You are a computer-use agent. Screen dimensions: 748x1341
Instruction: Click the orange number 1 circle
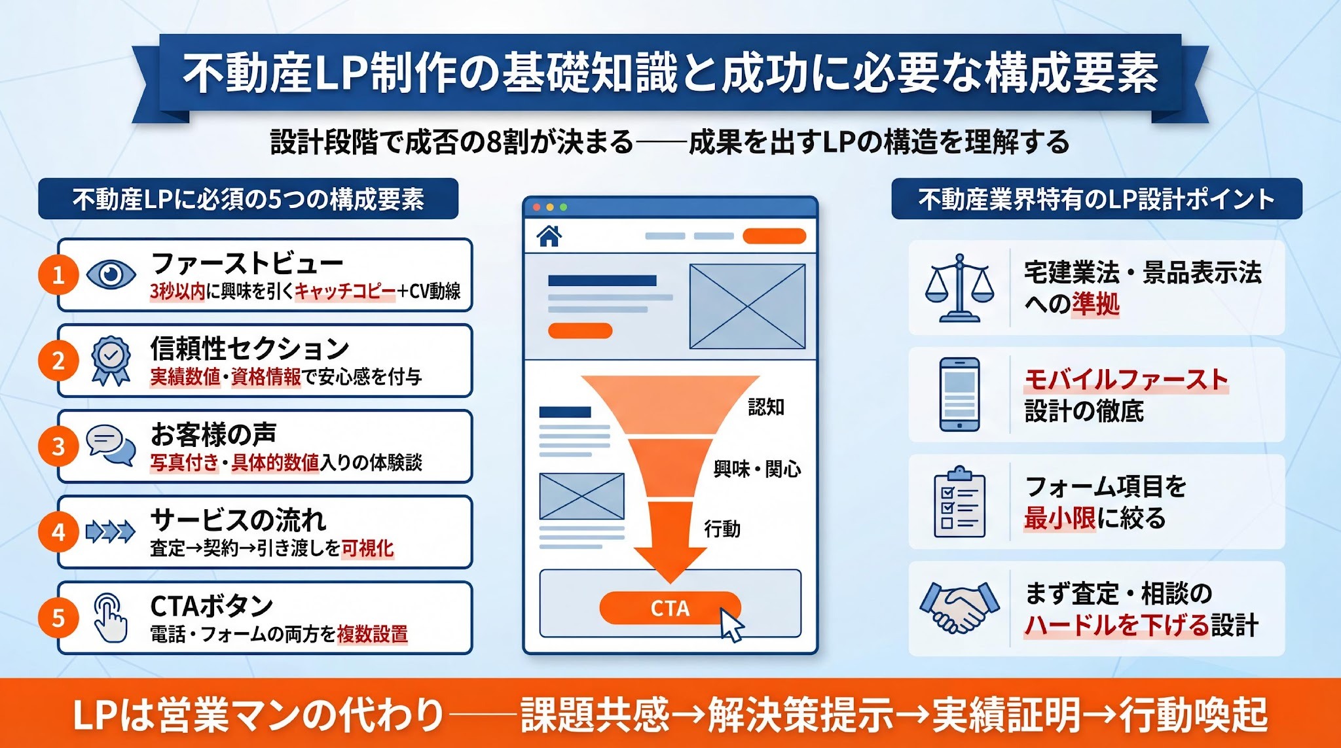58,275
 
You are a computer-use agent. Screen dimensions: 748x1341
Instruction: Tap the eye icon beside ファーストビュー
111,274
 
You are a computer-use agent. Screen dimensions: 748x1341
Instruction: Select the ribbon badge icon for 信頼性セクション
111,361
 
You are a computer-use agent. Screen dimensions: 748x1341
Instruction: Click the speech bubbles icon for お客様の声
111,445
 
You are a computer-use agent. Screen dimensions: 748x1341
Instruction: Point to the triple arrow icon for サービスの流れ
111,532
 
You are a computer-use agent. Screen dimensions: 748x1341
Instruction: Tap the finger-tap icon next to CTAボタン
111,618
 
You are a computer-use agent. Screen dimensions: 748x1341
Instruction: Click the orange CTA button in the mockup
669,608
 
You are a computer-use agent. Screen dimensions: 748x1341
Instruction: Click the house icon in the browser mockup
549,236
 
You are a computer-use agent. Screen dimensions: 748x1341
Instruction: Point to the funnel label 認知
766,407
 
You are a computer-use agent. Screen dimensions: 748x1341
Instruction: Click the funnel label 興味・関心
757,469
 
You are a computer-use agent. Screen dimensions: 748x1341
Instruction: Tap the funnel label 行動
722,528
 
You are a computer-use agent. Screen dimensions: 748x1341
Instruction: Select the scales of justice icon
959,288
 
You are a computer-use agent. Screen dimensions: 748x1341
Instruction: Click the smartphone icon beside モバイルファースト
959,394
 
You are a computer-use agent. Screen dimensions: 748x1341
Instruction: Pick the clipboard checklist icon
959,501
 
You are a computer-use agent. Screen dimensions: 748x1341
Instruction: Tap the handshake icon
959,608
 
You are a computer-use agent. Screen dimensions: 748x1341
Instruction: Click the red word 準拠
1095,304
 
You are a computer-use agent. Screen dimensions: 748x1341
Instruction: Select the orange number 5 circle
58,618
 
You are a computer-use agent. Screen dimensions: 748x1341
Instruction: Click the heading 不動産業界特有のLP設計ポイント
1096,199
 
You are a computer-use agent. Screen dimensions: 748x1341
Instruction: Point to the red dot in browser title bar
537,207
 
